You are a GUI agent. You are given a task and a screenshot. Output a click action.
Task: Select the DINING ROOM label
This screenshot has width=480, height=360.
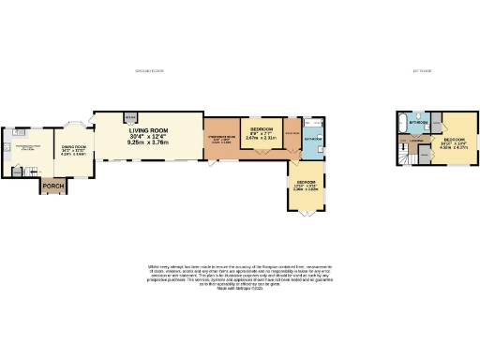[74, 147]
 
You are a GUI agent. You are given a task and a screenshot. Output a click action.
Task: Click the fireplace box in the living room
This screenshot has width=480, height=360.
[130, 119]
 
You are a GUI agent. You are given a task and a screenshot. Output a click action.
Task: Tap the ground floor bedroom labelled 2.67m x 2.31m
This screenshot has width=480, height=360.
[262, 132]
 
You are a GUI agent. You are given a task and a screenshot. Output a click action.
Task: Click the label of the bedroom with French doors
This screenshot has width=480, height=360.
[307, 184]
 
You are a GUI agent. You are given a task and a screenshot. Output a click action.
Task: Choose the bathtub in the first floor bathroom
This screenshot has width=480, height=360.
[405, 123]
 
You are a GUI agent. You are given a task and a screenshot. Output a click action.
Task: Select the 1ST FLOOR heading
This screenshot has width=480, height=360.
[419, 72]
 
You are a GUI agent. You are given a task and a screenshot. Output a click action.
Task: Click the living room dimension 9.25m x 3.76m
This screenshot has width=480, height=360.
[148, 145]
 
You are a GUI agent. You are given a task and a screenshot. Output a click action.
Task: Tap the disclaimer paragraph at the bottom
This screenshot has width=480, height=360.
[240, 277]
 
